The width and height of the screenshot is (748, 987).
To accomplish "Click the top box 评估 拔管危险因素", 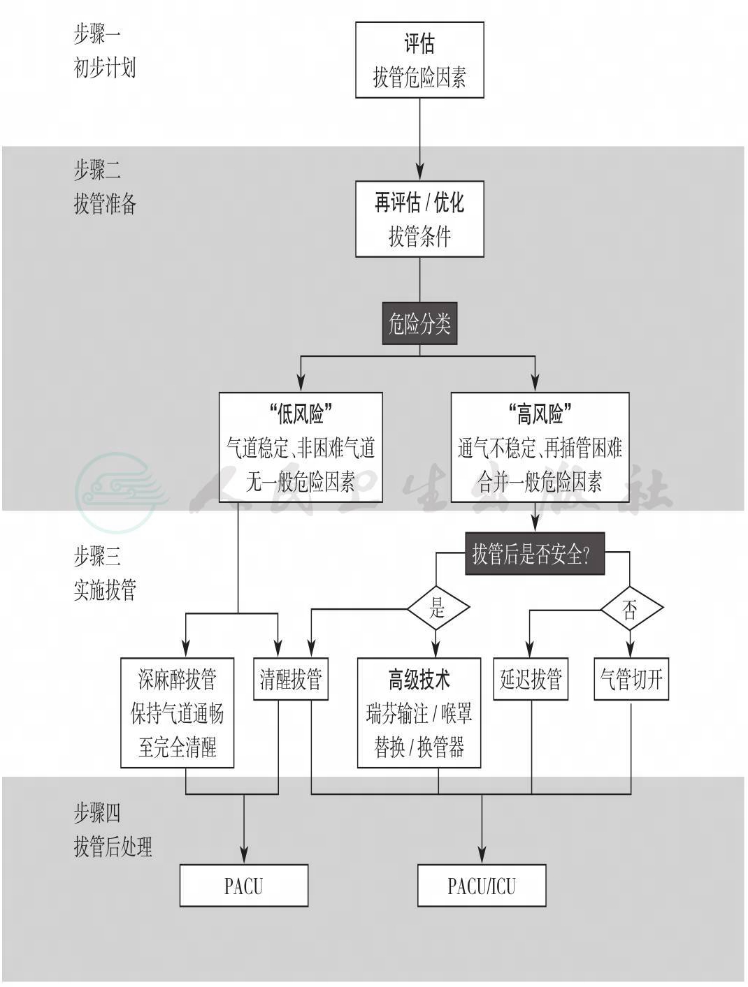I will point(419,60).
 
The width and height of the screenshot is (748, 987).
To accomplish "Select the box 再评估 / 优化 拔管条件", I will point(419,219).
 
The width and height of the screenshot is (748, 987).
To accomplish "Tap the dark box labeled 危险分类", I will point(419,323).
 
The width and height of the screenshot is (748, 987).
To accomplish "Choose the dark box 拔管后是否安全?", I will point(535,555).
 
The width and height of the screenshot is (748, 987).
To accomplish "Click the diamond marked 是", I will point(438,608).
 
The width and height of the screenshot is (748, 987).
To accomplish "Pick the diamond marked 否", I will point(631,610).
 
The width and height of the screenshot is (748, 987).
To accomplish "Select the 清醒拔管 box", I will point(291,679).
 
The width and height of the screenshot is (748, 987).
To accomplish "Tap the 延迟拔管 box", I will point(531,679).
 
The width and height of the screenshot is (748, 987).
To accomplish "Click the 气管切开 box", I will point(631,679).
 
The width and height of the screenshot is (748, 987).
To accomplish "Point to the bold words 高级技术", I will point(419,679).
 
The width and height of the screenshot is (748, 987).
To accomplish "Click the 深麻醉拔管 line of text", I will point(178,679).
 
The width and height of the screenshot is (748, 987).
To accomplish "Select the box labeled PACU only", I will point(244,886).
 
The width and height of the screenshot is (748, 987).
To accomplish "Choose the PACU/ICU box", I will point(482,886).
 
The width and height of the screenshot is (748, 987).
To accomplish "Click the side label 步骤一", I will point(97,34).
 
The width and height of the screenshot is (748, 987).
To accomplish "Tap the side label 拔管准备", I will point(105,204).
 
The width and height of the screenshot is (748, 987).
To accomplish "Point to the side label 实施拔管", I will point(105,591).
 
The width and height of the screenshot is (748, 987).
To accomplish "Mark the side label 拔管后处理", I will point(113,847).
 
